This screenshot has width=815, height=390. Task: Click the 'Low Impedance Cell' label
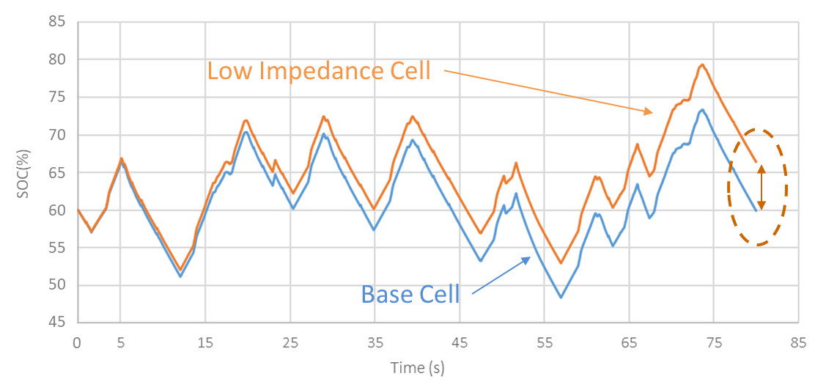(319, 71)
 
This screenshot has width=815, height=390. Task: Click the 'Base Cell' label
(410, 294)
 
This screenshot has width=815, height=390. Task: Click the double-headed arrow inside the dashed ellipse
(761, 188)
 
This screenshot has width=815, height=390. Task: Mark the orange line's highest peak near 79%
(702, 65)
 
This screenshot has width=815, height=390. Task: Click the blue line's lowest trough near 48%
(561, 297)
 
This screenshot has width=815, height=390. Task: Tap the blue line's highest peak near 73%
(702, 109)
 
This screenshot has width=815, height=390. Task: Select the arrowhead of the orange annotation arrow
(649, 112)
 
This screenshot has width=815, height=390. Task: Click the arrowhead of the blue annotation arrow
(527, 259)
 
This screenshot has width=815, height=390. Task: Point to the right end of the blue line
(756, 210)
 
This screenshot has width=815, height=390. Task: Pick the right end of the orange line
(756, 162)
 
